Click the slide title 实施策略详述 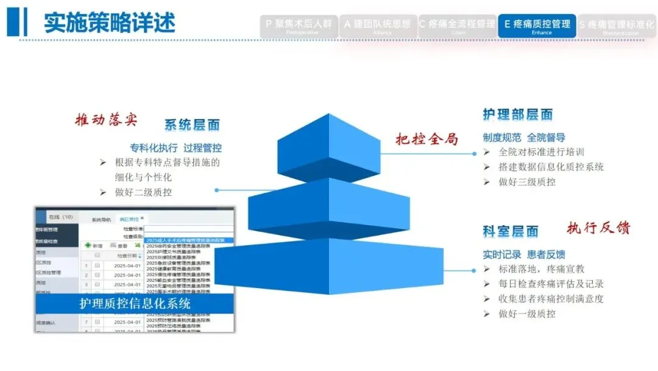[110, 23]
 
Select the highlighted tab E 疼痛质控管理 [537, 26]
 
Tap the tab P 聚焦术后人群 [299, 26]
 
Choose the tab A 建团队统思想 [378, 26]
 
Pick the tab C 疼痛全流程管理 [457, 26]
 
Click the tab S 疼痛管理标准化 [617, 26]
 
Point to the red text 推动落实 [106, 120]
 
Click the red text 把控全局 [427, 139]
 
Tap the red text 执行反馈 [598, 228]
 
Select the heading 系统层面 [192, 125]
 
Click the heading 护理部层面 [518, 114]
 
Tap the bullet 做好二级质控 [143, 192]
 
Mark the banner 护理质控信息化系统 [135, 303]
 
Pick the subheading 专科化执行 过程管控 [175, 148]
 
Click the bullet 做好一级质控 [526, 314]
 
